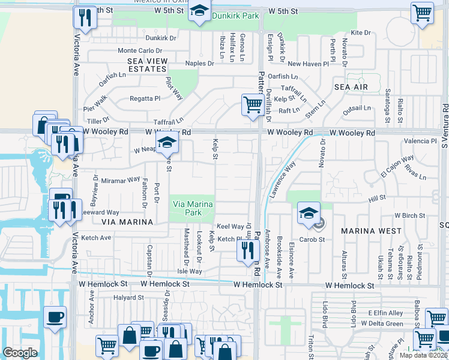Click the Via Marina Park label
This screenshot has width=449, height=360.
(192, 208)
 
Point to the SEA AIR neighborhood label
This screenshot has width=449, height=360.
(351, 87)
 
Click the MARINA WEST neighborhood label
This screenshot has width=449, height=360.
(371, 230)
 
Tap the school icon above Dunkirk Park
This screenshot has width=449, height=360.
(199, 12)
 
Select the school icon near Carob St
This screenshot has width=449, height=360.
(309, 214)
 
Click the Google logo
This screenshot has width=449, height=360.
(20, 353)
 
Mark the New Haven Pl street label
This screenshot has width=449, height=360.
(308, 63)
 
